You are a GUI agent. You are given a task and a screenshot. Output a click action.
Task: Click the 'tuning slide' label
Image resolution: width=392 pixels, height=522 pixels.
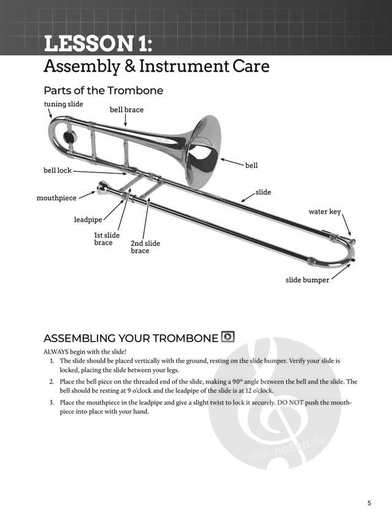(63, 104)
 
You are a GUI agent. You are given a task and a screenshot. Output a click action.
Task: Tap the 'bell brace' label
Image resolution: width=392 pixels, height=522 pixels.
(126, 110)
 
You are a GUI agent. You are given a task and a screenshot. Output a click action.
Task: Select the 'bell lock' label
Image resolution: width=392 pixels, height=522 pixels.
(57, 171)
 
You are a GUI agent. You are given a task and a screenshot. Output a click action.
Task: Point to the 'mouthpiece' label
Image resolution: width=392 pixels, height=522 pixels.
(56, 198)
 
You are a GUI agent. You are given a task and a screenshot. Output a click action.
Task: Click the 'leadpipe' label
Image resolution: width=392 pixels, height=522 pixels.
(88, 219)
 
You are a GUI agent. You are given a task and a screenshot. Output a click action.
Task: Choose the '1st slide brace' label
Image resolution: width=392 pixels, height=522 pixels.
(107, 239)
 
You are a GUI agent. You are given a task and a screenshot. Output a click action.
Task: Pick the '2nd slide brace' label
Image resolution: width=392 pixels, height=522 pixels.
(145, 247)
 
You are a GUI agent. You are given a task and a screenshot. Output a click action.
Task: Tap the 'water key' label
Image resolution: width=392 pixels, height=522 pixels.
(324, 212)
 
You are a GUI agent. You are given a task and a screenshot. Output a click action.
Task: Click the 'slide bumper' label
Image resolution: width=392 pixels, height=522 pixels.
(307, 280)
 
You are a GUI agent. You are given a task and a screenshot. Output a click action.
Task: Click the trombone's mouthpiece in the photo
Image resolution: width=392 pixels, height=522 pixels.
(103, 188)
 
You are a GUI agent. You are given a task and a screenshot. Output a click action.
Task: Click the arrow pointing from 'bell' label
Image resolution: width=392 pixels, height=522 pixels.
(232, 162)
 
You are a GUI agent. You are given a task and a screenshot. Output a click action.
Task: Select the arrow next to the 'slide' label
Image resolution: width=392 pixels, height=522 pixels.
(246, 197)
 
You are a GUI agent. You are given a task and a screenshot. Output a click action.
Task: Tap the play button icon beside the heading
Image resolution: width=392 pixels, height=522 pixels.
(228, 337)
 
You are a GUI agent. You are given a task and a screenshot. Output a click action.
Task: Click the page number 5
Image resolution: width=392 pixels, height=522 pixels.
(369, 504)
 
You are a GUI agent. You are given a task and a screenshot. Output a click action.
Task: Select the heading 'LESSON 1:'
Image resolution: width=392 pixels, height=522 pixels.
(97, 44)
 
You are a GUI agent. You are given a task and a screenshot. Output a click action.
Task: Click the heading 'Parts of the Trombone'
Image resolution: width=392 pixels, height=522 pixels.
(104, 91)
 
